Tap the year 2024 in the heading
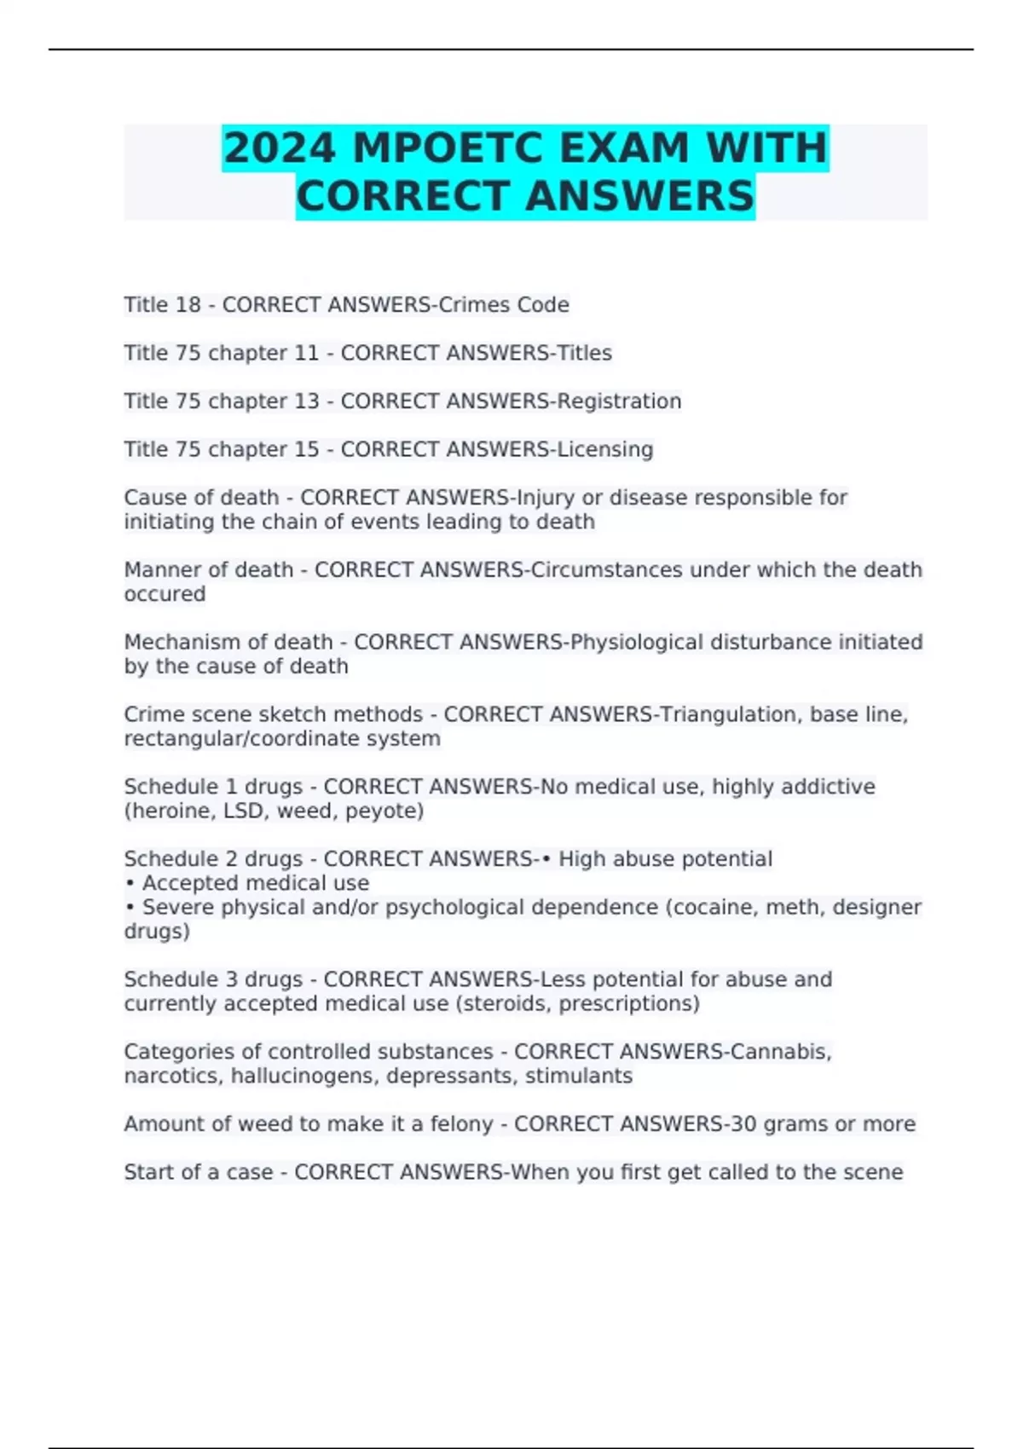(280, 148)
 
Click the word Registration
(619, 401)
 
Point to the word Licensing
(605, 449)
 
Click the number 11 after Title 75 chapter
(305, 353)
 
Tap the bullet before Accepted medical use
(130, 884)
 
